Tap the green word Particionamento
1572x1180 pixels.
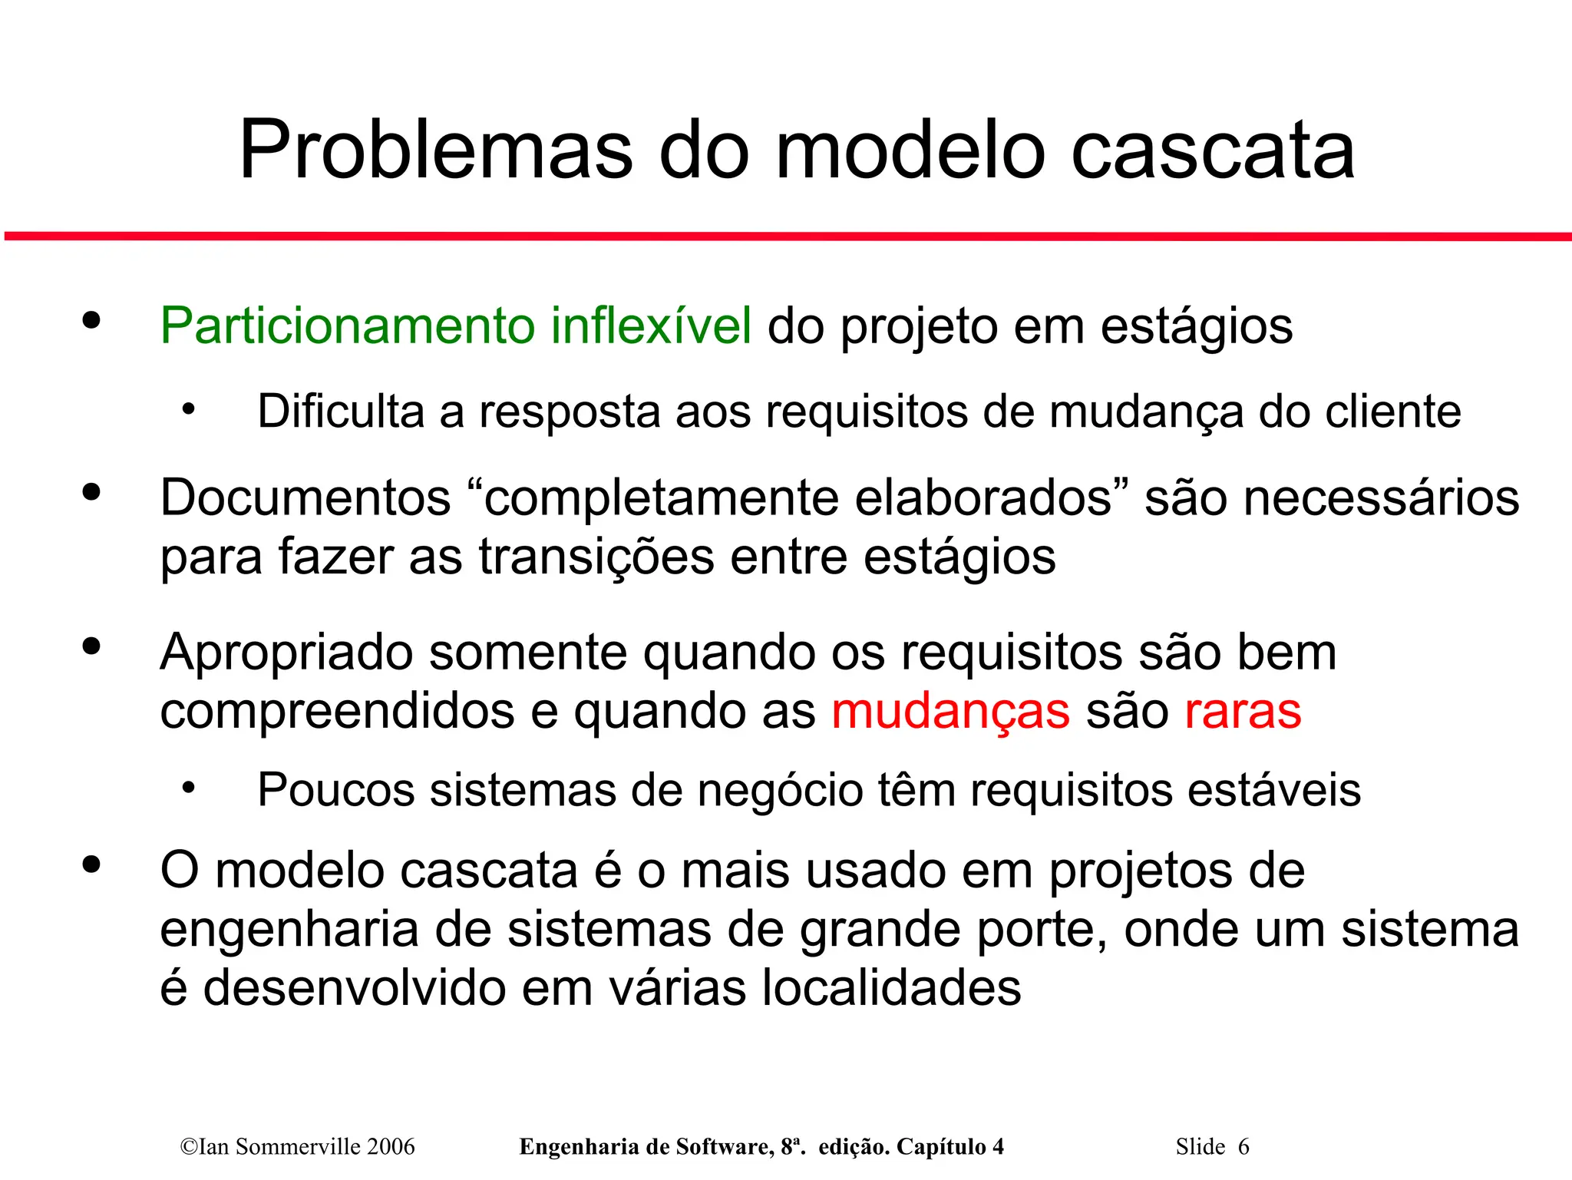347,326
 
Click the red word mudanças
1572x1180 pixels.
950,712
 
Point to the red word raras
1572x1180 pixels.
1243,712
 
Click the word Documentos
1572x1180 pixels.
305,498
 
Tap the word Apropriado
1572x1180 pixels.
286,653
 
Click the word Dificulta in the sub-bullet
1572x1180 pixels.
340,412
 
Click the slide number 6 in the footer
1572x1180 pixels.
1243,1147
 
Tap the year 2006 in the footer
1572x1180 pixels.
391,1147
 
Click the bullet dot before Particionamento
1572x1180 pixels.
91,320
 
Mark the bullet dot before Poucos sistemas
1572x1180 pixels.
189,788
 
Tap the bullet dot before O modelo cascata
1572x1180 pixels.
91,864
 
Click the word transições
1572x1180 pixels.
596,557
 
